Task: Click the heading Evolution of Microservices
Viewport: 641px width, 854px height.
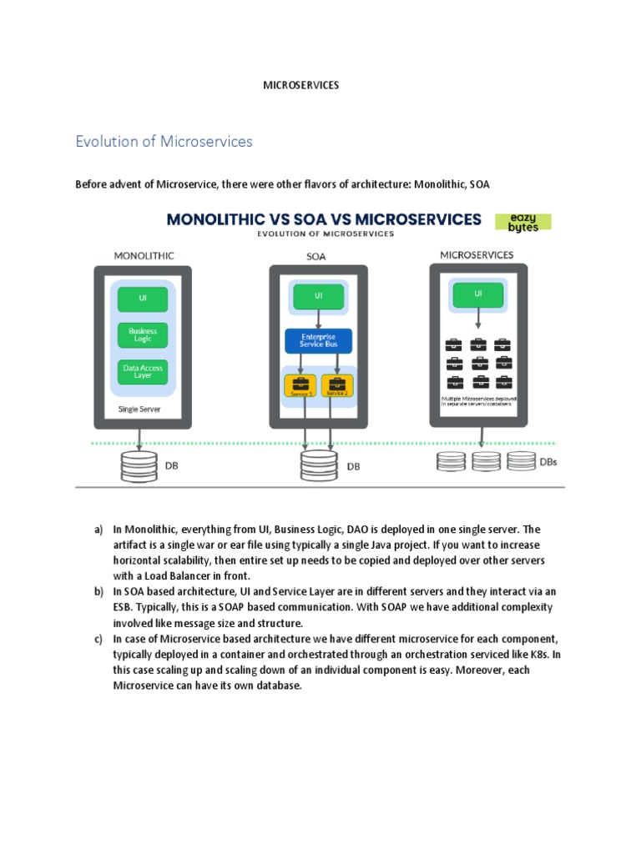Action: tap(164, 142)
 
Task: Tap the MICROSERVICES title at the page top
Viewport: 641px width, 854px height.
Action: tap(301, 86)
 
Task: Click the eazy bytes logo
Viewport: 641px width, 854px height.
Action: tap(523, 222)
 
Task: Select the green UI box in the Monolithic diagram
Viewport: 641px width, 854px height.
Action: tap(143, 299)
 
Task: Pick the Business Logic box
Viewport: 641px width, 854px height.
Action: tap(143, 334)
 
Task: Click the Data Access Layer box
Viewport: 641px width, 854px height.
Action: tap(143, 372)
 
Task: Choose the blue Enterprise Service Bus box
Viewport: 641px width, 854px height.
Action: tap(318, 340)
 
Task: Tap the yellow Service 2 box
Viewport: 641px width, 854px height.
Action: tap(337, 385)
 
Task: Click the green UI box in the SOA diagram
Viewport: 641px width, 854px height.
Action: tap(318, 295)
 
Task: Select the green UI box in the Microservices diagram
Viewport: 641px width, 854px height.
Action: tap(477, 294)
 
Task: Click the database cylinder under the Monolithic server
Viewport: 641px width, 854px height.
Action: tap(139, 465)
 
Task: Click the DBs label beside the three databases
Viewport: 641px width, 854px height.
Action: tap(549, 461)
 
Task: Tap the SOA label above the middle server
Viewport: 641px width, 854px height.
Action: tap(316, 257)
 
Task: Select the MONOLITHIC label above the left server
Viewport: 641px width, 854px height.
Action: tap(144, 256)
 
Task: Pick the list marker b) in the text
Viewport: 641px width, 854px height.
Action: tap(98, 590)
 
